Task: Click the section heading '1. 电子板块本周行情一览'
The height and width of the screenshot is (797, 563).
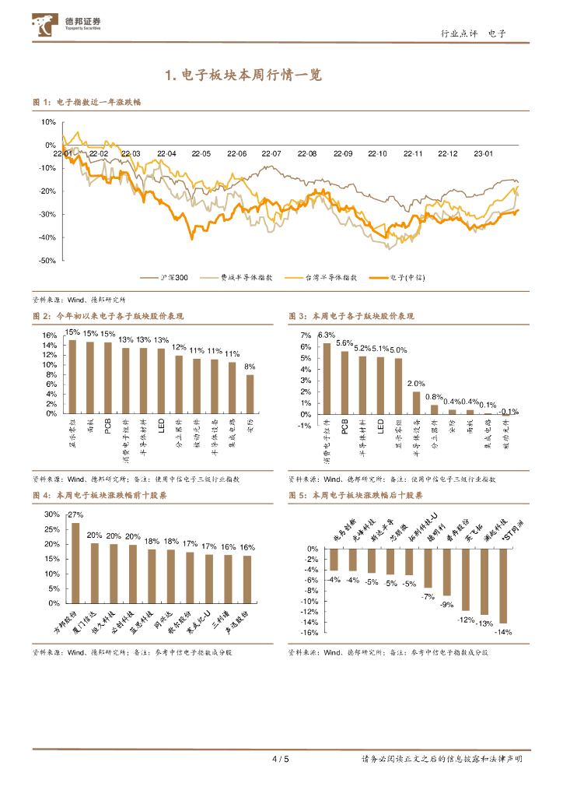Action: click(x=243, y=75)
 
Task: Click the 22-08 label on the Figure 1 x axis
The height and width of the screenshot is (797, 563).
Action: click(x=306, y=154)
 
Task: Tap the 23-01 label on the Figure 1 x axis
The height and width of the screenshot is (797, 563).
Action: click(x=483, y=154)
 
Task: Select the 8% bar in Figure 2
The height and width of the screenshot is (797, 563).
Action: click(x=250, y=394)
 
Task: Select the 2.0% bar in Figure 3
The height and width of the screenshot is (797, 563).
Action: click(x=416, y=402)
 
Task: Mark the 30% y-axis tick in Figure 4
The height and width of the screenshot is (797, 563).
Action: click(x=52, y=514)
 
